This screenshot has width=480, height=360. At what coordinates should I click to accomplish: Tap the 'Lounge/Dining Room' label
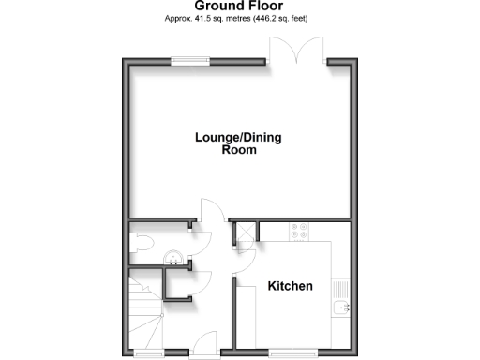coord(237,142)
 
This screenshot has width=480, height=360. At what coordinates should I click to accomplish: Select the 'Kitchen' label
coord(290,286)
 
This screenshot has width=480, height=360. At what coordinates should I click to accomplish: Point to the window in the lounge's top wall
coord(190,62)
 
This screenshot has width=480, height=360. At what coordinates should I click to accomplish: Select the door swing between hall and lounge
coord(212,229)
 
